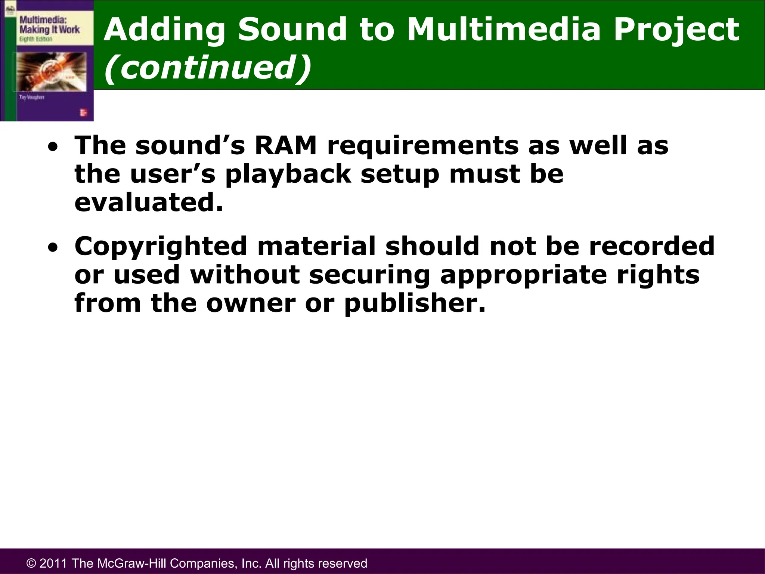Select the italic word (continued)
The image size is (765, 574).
click(207, 67)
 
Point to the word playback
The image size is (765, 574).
click(288, 174)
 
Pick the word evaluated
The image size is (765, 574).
click(148, 203)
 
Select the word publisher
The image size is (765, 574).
click(415, 303)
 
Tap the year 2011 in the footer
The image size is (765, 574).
click(53, 563)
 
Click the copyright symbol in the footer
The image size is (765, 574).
click(31, 563)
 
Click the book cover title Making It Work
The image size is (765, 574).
click(49, 30)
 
